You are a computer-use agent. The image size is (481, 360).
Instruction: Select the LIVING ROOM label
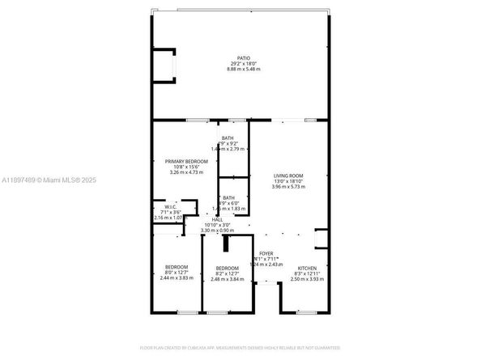287,176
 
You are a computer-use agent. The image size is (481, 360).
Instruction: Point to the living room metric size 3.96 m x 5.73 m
287,187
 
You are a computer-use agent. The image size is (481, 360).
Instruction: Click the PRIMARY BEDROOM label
186,162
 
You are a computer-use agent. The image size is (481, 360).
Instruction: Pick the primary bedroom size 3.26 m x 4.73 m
186,172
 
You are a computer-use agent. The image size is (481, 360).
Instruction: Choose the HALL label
217,219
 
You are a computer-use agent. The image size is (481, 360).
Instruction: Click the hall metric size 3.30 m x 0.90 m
217,231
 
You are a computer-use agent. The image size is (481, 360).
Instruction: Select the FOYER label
266,253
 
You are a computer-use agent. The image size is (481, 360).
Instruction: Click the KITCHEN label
307,267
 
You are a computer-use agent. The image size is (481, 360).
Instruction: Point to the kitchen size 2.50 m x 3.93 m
307,278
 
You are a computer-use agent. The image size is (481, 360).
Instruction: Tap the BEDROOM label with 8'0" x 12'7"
177,267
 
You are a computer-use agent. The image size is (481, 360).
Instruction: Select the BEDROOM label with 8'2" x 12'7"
227,268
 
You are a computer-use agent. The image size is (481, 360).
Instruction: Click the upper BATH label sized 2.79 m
229,138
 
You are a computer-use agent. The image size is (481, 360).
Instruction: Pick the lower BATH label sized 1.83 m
229,198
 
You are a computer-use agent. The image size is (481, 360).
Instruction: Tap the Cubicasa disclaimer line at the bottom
240,347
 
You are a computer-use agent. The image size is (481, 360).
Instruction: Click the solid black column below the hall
228,244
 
